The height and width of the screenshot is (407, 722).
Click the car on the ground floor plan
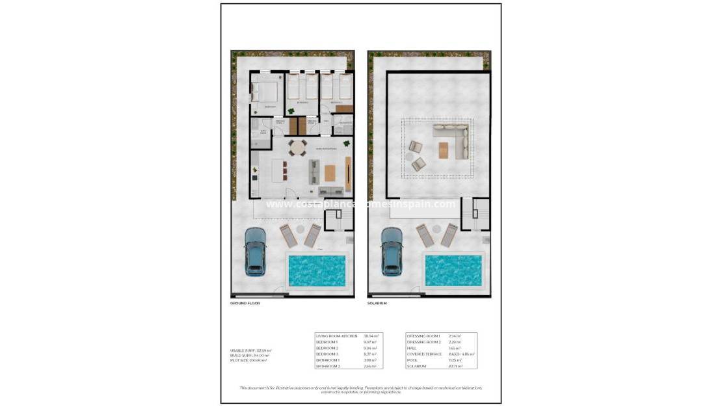(255, 251)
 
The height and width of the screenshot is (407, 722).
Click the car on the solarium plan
(392, 251)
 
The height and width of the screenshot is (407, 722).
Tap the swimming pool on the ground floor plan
(317, 270)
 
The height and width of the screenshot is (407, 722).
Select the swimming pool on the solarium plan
(453, 270)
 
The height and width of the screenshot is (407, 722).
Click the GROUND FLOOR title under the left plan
(245, 304)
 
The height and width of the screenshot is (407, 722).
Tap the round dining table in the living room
(297, 148)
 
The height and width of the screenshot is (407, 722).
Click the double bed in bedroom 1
(265, 90)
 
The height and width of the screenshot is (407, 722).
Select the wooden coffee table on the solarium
(444, 150)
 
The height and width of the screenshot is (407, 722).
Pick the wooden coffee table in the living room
(330, 173)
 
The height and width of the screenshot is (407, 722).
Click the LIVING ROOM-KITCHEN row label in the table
(336, 336)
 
